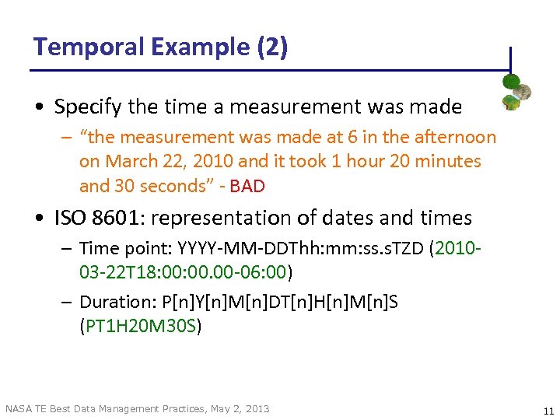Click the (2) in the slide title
(271, 47)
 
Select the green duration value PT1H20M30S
(140, 326)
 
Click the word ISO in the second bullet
(69, 219)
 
